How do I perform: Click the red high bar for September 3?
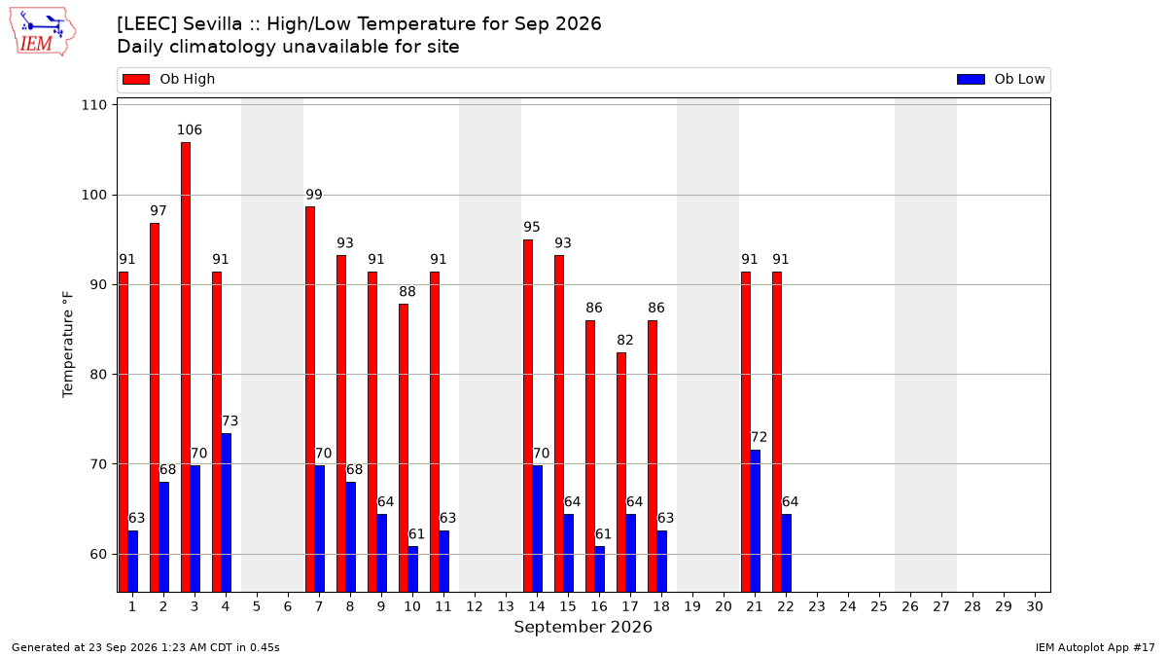[186, 367]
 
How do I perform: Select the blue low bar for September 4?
[226, 513]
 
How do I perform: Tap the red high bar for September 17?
[621, 472]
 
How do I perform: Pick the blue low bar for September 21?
[755, 521]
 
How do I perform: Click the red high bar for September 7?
[310, 399]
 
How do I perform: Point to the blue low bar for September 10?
[412, 568]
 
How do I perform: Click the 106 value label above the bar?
[189, 129]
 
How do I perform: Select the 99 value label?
[313, 195]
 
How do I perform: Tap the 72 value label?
[759, 437]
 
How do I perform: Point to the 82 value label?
[624, 340]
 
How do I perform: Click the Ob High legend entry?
[169, 79]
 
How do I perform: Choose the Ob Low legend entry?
[1001, 79]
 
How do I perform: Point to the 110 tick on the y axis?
[93, 105]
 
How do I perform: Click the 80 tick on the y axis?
[98, 375]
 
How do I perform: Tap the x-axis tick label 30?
[1035, 606]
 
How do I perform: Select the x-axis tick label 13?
[506, 606]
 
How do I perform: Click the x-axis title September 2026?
[583, 627]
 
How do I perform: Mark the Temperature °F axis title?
[68, 345]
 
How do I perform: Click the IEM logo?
[42, 32]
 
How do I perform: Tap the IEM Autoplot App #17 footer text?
[1095, 647]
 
